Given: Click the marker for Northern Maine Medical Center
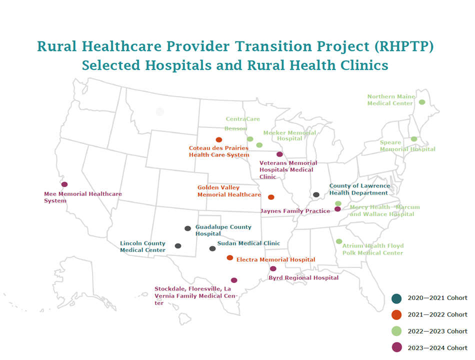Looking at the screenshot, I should pos(422,102).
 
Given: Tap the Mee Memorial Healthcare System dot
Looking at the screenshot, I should pos(64,184).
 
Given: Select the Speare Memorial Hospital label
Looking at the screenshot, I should pos(407,146).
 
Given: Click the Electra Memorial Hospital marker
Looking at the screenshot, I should pos(230,258).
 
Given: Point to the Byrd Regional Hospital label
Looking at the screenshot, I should pos(303,278).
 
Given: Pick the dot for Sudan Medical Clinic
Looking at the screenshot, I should pos(212,248).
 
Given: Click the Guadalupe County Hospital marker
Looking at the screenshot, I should pos(187,228).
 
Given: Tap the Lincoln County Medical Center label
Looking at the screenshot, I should pos(142,247).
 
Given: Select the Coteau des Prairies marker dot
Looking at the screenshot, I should pos(218,140).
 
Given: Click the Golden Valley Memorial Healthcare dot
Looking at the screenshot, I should pos(271,197).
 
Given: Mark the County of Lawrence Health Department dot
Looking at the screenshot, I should pos(316,194).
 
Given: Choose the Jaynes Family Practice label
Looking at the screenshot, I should pos(295,211).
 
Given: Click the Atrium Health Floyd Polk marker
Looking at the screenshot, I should pos(339,241).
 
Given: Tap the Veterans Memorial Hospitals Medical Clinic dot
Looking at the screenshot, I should pos(279,154).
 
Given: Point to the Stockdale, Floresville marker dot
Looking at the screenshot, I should pos(234,280).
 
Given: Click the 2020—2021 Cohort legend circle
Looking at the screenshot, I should pos(396,298).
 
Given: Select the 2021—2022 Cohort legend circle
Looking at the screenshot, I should pos(396,315).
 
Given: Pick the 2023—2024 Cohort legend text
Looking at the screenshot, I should pos(437,348).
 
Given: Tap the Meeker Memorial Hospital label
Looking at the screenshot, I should pos(289,135).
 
